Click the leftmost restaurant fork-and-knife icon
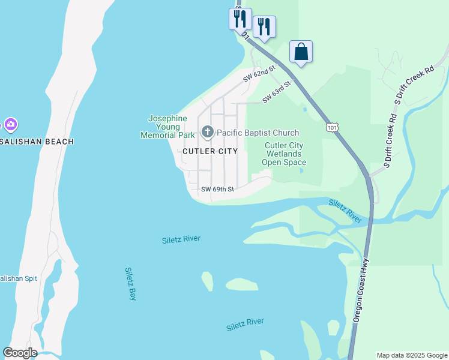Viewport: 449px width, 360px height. click(x=240, y=18)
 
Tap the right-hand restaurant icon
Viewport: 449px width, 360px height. click(x=264, y=26)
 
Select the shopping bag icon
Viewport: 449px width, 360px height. click(x=301, y=52)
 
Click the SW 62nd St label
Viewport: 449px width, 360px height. click(x=259, y=74)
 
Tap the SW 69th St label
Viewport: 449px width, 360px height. click(x=217, y=189)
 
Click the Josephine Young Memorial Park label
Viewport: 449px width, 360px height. click(x=167, y=127)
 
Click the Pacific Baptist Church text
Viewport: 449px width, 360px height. click(x=258, y=133)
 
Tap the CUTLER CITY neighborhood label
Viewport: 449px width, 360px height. click(x=210, y=151)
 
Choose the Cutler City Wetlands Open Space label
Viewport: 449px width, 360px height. click(x=286, y=154)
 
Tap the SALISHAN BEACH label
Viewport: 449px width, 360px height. click(x=37, y=142)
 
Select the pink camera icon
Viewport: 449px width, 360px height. click(x=10, y=125)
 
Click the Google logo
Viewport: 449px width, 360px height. click(x=20, y=353)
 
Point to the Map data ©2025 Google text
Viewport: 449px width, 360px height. click(x=412, y=355)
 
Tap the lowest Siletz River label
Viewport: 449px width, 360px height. click(x=245, y=325)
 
